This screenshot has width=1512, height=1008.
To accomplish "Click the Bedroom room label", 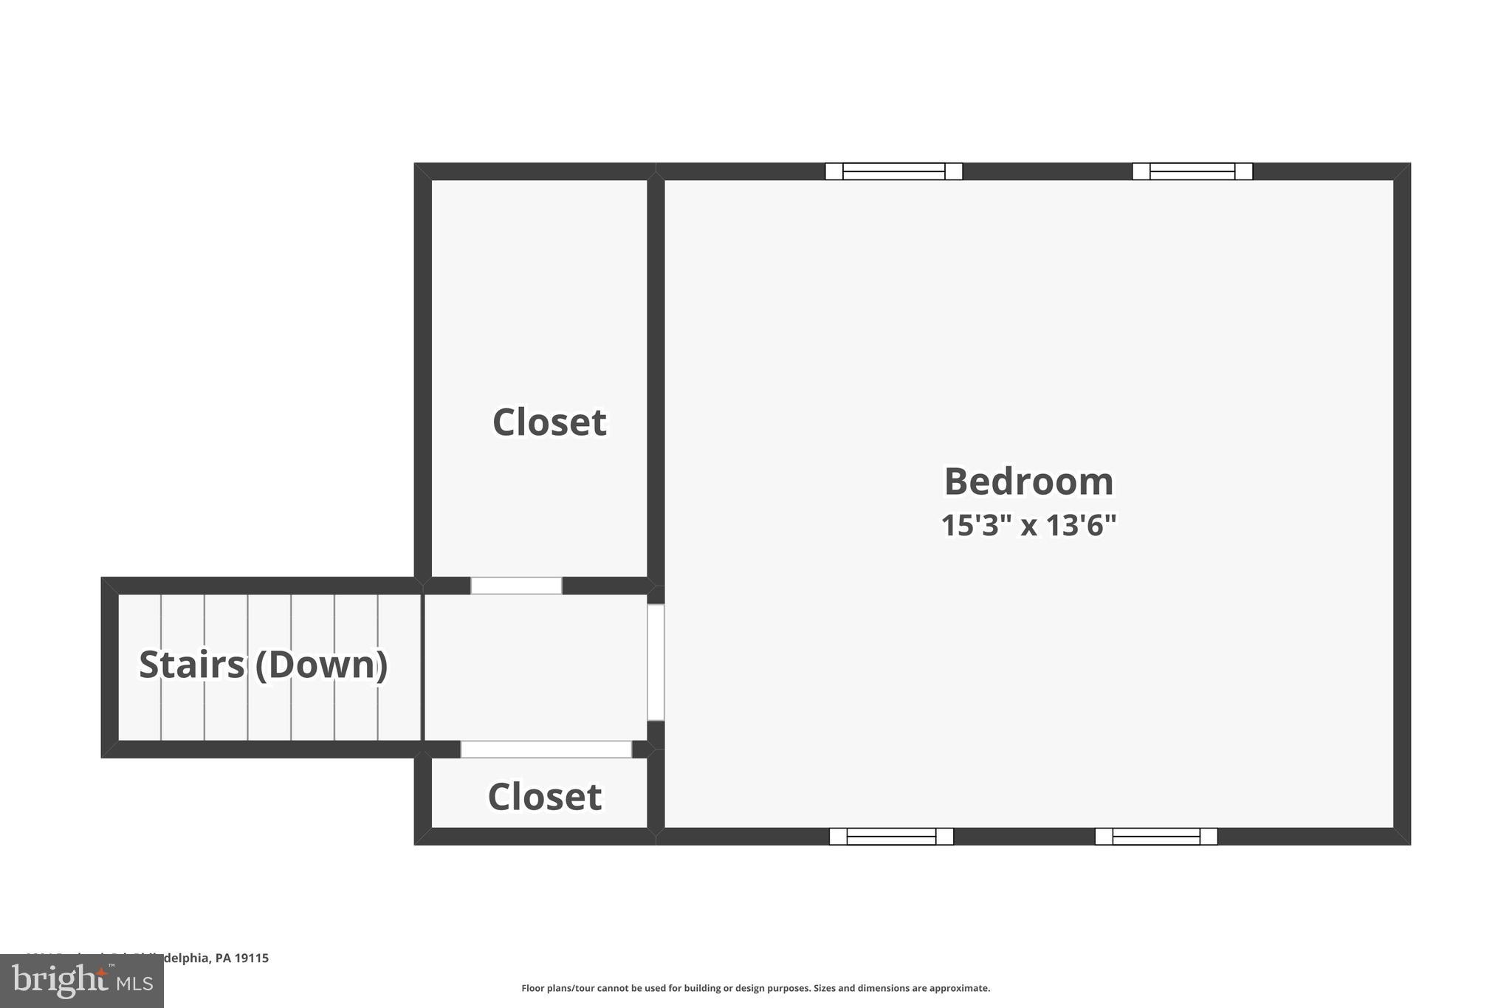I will click(x=1028, y=481).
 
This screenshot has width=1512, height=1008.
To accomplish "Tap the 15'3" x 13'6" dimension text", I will click(x=1028, y=526).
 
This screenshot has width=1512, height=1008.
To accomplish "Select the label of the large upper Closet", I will click(x=549, y=422).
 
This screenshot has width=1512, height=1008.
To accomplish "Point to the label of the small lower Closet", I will click(x=545, y=797).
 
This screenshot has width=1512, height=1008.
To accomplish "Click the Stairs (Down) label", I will click(x=264, y=665).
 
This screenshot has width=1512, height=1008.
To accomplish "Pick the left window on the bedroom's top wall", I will click(x=893, y=171).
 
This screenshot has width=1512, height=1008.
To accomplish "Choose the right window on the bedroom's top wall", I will click(x=1192, y=171).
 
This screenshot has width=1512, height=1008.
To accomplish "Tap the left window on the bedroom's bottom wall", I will click(x=891, y=837).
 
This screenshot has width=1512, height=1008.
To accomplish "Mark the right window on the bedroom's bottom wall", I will click(x=1155, y=837).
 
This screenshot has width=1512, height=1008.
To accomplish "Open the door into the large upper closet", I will click(x=516, y=586).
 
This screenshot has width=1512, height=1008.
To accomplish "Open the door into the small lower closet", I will click(x=546, y=749).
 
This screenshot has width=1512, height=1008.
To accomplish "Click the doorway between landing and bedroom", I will click(x=656, y=662).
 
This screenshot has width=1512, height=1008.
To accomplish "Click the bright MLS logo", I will click(x=81, y=981).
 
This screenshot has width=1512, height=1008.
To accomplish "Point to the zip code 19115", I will click(x=252, y=958).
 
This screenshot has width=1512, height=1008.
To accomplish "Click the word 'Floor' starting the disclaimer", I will click(x=532, y=988).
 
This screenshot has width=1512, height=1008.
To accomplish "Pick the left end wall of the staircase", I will click(x=109, y=667).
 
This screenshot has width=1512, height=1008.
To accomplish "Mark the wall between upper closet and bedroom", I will click(x=656, y=377).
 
